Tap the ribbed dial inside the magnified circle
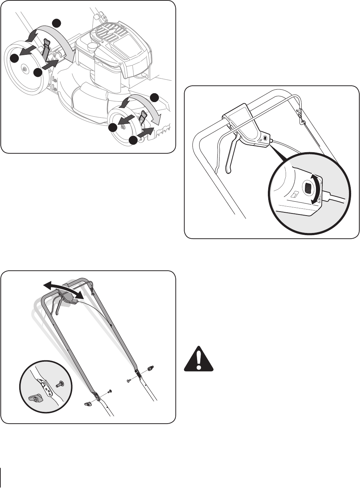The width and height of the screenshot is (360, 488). click(x=308, y=187)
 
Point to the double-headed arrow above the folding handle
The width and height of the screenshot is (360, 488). click(x=64, y=288)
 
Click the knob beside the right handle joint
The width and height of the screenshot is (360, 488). click(x=150, y=368)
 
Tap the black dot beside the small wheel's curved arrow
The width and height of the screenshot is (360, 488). click(x=154, y=97)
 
